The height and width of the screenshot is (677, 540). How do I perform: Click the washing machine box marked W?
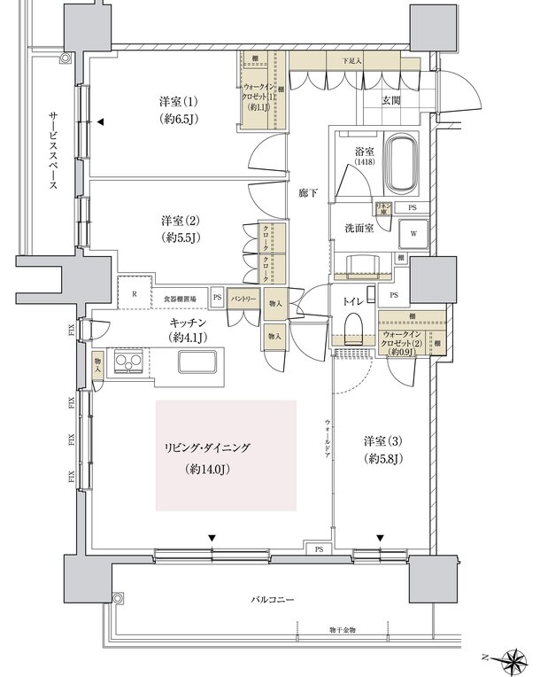413,234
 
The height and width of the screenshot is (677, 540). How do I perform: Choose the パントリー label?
244,299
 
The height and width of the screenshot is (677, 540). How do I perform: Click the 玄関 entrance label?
390,101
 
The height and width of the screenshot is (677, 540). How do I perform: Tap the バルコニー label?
272,600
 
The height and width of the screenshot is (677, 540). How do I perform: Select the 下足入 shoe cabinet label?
352,61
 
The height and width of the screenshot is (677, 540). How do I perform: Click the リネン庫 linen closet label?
383,208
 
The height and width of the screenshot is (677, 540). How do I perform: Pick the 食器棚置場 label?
181,299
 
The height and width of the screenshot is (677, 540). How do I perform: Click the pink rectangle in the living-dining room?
226,455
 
